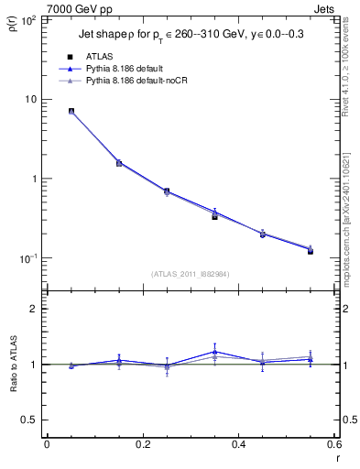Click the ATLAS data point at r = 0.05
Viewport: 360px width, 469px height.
pos(71,112)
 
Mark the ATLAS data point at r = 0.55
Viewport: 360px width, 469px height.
pos(311,250)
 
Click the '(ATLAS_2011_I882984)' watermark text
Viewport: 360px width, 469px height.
pos(190,274)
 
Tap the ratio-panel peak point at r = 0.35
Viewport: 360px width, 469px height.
pos(214,351)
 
